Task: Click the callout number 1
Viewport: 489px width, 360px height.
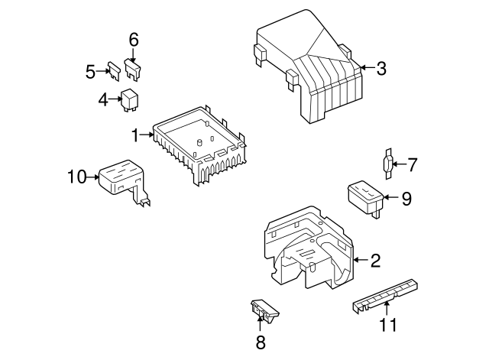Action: coord(134,135)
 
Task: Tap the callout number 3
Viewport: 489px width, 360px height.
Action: coord(381,69)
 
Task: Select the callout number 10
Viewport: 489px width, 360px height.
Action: coord(76,177)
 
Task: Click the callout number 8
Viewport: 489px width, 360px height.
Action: coord(260,342)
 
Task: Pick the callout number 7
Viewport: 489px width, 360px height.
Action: coord(412,164)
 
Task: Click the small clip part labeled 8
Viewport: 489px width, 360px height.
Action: coord(264,310)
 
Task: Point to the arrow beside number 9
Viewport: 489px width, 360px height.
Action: coord(390,198)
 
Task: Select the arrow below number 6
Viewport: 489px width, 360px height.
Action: coord(134,55)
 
